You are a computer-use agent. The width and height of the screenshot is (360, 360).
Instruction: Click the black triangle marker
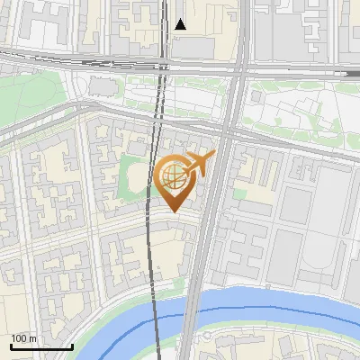(x=181, y=24)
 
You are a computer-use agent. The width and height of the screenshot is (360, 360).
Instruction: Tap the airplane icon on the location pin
(x=199, y=165)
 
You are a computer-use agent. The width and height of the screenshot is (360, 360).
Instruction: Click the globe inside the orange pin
(x=173, y=175)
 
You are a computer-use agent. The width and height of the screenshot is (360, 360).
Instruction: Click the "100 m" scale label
(x=24, y=338)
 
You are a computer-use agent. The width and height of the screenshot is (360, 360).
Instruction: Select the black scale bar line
(x=41, y=346)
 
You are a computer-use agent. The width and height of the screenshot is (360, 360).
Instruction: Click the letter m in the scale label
(x=32, y=338)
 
